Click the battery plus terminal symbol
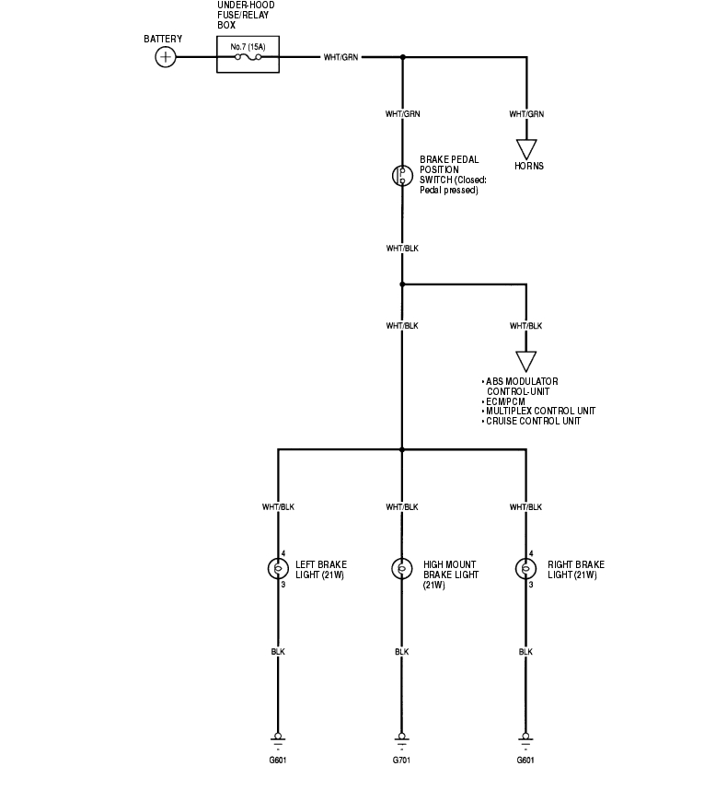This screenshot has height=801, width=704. (165, 57)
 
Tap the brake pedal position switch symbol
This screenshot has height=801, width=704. (401, 176)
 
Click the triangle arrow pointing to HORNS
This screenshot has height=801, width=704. (526, 148)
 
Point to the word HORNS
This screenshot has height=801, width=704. (528, 167)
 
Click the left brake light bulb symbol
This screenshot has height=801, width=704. (277, 569)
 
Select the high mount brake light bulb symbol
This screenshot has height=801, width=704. (401, 569)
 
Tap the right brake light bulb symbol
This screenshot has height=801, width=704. (525, 569)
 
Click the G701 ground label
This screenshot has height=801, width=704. (401, 760)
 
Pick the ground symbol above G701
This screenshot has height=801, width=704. (401, 739)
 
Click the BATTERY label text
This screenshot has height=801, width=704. (163, 40)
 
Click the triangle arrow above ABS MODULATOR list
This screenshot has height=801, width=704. (526, 360)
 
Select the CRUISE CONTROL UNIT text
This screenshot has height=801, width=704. (533, 422)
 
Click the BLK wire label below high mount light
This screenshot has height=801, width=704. (401, 652)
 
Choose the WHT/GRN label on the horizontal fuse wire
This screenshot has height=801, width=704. (340, 57)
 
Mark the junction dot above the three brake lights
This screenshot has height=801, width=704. (401, 450)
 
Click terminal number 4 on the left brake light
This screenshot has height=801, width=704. (283, 554)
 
